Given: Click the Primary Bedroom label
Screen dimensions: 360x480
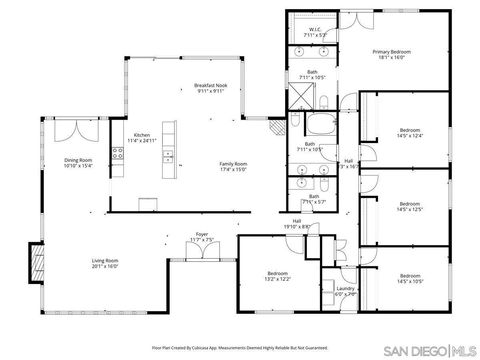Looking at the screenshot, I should (x=392, y=54).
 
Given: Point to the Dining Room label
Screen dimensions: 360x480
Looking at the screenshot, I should (x=78, y=163).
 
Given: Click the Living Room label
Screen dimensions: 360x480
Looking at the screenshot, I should (x=105, y=264).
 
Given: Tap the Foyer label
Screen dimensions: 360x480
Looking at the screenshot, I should (x=203, y=239).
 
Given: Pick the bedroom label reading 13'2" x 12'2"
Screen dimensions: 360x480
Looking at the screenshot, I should (x=278, y=276).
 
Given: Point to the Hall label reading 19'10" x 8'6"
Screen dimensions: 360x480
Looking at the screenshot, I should (x=297, y=224).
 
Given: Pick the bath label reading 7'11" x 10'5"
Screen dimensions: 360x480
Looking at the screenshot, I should (x=313, y=74).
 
